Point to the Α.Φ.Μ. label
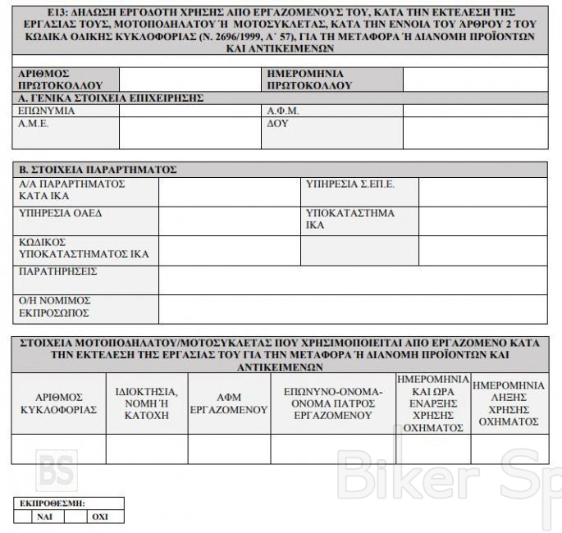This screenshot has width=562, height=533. (x=283, y=111)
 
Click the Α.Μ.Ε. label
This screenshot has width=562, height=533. (x=34, y=125)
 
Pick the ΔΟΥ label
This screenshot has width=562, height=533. (x=277, y=125)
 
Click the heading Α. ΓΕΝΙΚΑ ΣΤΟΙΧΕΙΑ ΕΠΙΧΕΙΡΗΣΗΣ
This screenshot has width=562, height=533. (x=111, y=98)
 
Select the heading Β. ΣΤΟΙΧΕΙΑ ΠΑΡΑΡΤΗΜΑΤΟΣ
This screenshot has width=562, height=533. (x=98, y=170)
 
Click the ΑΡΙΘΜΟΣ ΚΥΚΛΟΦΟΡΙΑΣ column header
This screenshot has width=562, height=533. (x=58, y=403)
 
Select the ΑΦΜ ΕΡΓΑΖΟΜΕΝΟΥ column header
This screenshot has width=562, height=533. (x=229, y=403)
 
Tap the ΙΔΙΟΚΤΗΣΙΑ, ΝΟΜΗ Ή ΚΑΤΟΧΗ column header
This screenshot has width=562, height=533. (x=147, y=403)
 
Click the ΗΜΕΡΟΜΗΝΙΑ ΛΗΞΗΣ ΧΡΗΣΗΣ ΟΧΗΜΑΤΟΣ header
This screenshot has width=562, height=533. (x=509, y=403)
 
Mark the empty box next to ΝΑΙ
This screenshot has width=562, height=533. (x=22, y=517)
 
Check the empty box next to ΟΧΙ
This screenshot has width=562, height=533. (x=75, y=517)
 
